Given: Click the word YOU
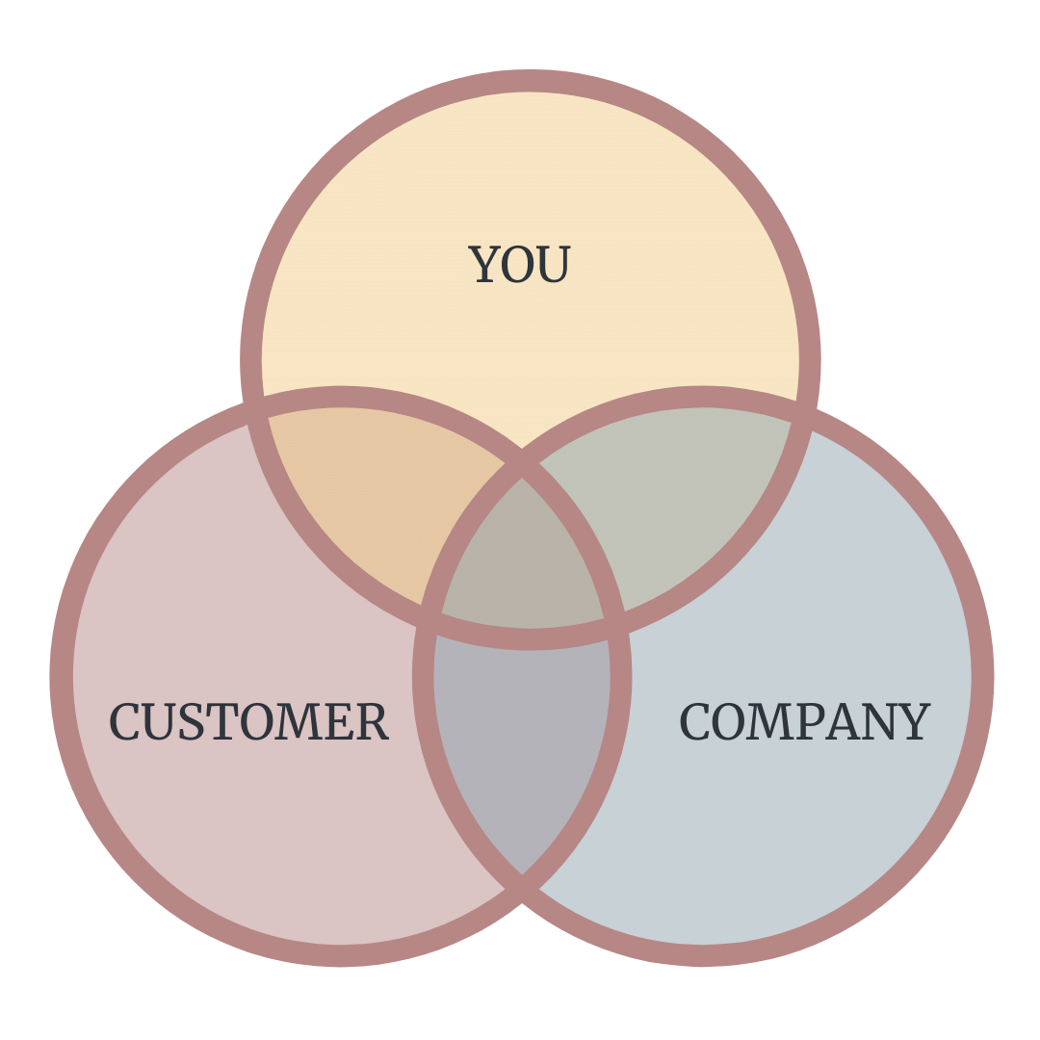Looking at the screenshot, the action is click(520, 265).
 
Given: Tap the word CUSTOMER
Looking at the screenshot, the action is click(248, 722).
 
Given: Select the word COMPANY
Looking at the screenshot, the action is click(804, 722).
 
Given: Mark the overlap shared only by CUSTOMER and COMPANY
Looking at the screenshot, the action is click(523, 732).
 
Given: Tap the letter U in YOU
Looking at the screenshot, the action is click(555, 265).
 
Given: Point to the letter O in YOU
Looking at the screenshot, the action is click(519, 265).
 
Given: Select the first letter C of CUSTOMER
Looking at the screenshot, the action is click(124, 722).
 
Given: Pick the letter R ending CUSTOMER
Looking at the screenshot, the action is click(373, 722).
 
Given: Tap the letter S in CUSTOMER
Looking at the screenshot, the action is click(193, 722).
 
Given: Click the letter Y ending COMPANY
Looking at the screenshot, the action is click(915, 722).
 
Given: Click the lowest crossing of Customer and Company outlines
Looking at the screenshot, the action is click(523, 878).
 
